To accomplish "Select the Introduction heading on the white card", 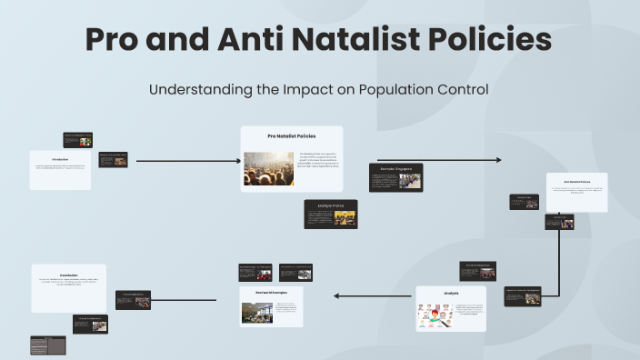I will [60, 158].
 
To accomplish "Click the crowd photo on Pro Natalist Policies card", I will [268, 168].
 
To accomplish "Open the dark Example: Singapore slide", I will [395, 177].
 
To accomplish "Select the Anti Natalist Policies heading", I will [576, 181].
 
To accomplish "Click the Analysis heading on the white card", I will [451, 294].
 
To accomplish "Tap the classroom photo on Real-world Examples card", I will [256, 312].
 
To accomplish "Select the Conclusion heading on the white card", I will [67, 273].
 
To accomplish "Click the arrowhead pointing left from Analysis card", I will [337, 295].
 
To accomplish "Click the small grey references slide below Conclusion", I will [47, 345].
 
